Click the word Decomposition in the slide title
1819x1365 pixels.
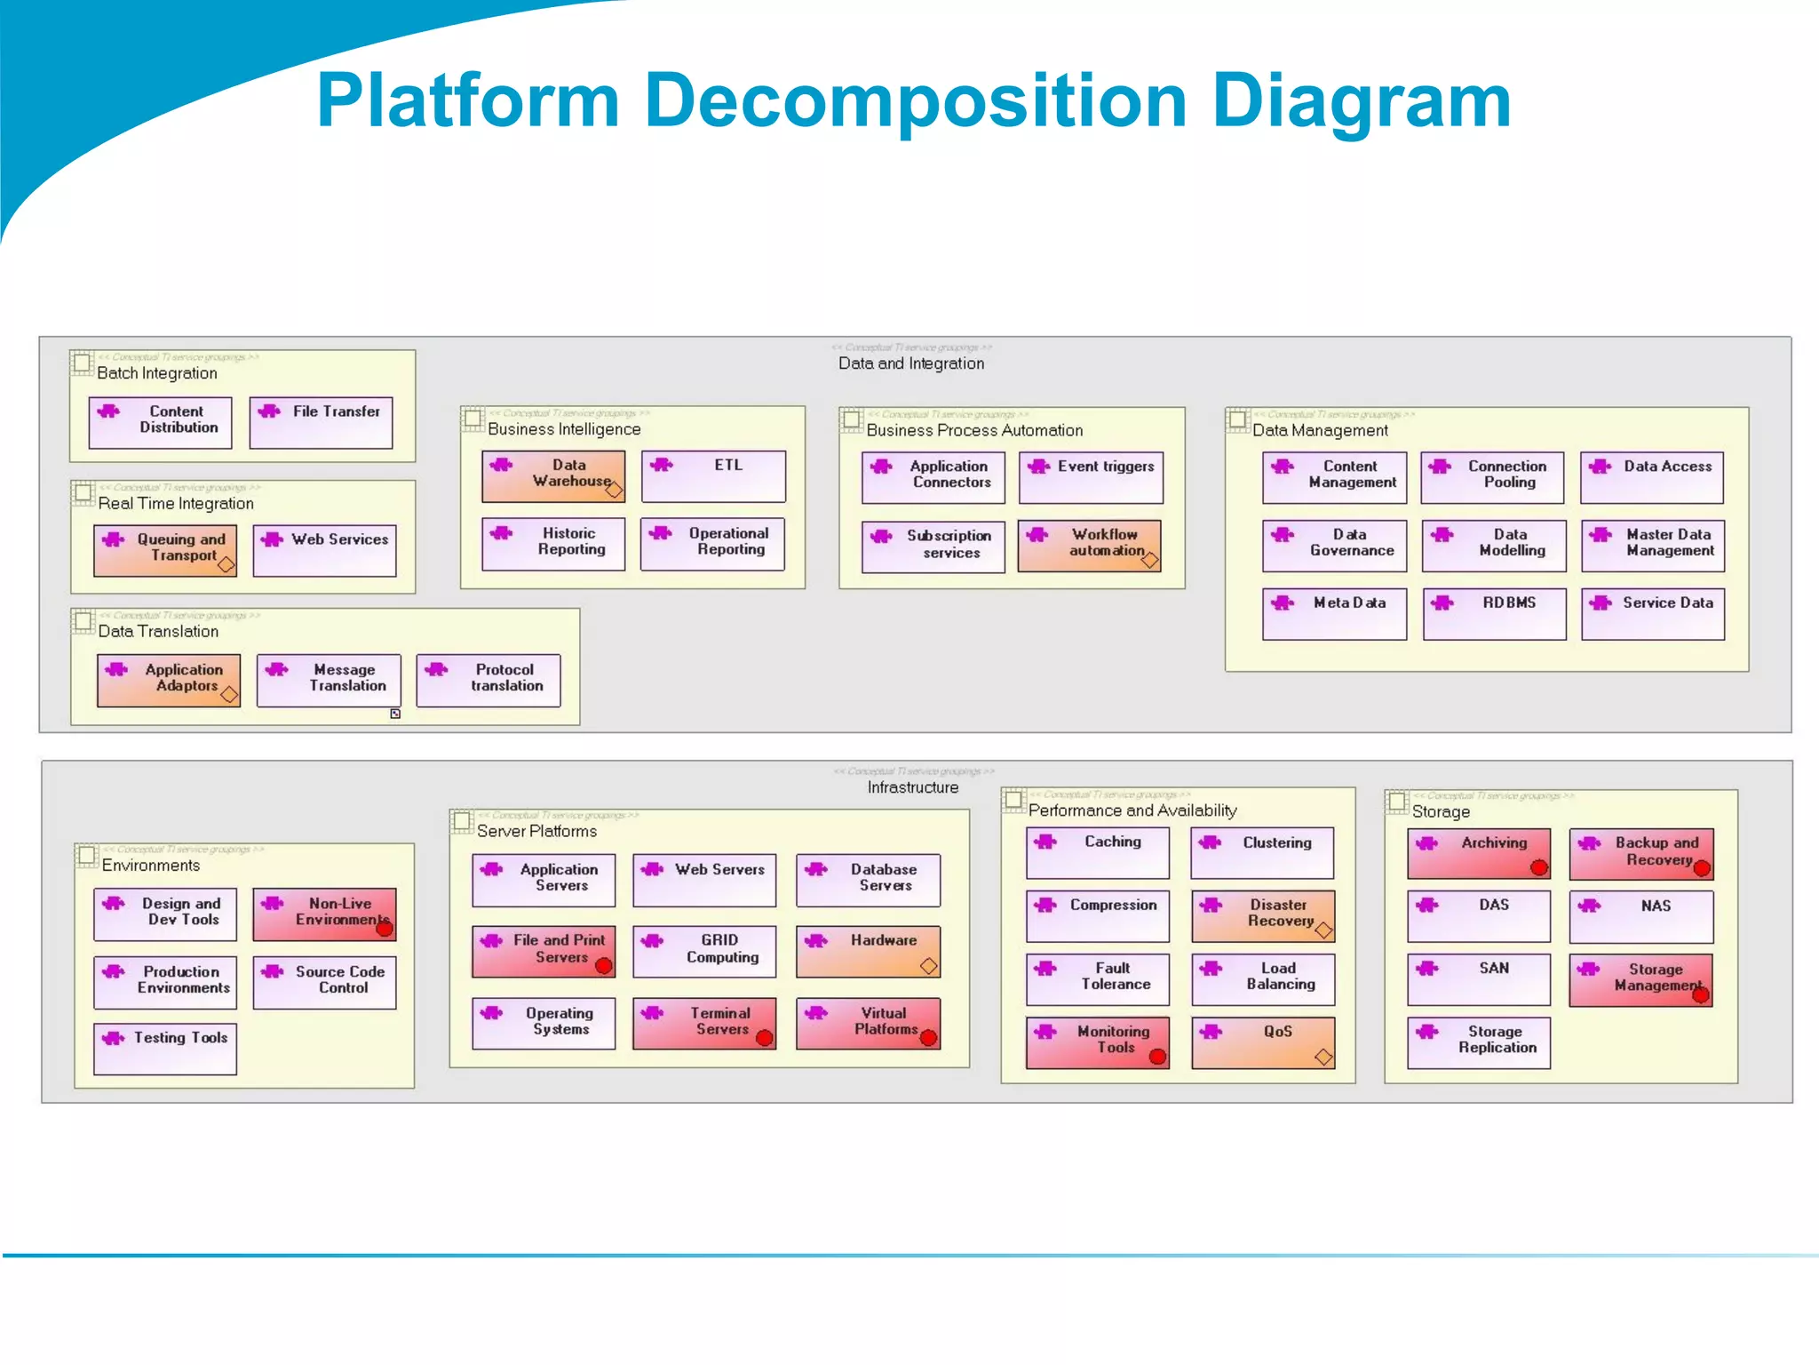[x=915, y=100]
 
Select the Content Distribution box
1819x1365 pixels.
[x=161, y=422]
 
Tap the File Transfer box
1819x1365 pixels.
[x=322, y=422]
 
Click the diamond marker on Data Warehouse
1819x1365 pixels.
[x=614, y=489]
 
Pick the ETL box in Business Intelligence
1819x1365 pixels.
[x=713, y=475]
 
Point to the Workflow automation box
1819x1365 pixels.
[x=1089, y=545]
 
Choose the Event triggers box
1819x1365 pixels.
[x=1091, y=477]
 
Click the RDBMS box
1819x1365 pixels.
[x=1494, y=613]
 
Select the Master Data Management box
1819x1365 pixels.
[x=1652, y=545]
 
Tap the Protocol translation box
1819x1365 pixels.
[x=489, y=680]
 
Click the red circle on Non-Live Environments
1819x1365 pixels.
[x=385, y=928]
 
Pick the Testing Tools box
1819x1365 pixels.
[x=165, y=1049]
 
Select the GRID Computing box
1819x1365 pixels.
[x=704, y=951]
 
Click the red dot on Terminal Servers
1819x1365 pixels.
[x=764, y=1037]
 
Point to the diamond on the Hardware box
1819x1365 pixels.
[x=929, y=966]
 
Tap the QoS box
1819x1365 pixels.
[x=1262, y=1042]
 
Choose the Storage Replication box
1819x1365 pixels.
[x=1479, y=1042]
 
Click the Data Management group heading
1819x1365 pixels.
[x=1320, y=430]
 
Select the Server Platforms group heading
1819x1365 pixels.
[x=536, y=831]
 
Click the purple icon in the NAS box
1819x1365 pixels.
[x=1590, y=906]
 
